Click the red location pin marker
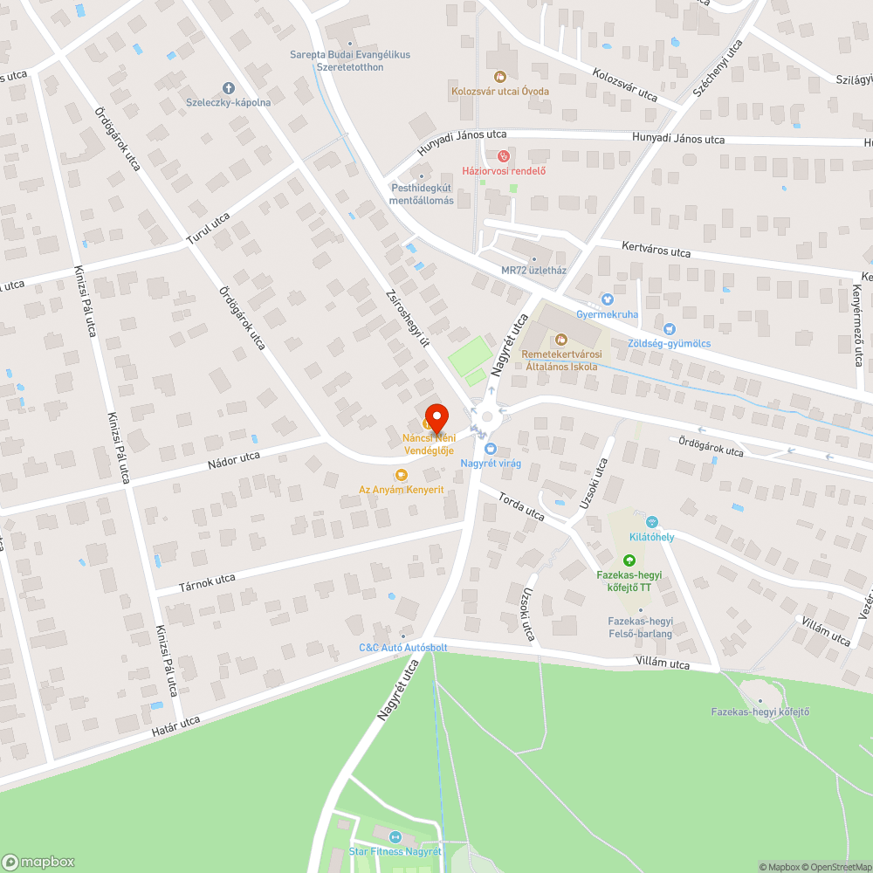click(x=436, y=416)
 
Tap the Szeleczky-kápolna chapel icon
click(x=229, y=87)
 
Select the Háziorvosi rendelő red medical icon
click(x=502, y=156)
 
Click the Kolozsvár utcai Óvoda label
click(x=500, y=91)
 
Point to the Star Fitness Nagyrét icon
click(x=394, y=837)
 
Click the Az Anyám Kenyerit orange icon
click(x=401, y=475)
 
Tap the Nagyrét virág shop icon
click(x=490, y=448)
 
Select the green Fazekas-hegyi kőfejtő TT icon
click(x=629, y=560)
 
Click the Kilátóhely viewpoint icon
click(x=652, y=521)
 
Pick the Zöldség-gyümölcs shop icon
click(x=670, y=329)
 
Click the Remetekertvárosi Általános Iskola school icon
click(x=560, y=339)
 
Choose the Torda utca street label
click(x=521, y=506)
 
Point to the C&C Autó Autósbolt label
click(x=403, y=648)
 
